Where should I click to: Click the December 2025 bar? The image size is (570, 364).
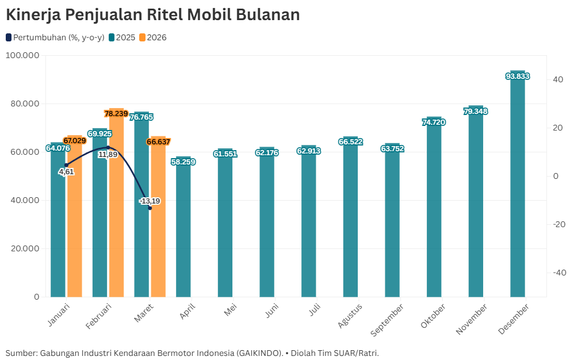tap(518, 190)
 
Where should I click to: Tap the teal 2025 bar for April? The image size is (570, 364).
tap(183, 230)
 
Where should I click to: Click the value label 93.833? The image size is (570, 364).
tap(518, 76)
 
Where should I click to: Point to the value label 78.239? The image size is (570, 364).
tap(116, 114)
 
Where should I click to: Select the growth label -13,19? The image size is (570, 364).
tap(150, 201)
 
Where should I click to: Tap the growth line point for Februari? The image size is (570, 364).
tap(108, 148)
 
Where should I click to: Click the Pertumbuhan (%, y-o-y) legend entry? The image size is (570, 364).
tap(55, 37)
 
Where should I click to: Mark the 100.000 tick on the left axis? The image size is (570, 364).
tap(22, 55)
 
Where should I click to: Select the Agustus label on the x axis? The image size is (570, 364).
tap(350, 315)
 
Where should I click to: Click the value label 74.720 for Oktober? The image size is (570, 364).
tap(434, 122)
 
